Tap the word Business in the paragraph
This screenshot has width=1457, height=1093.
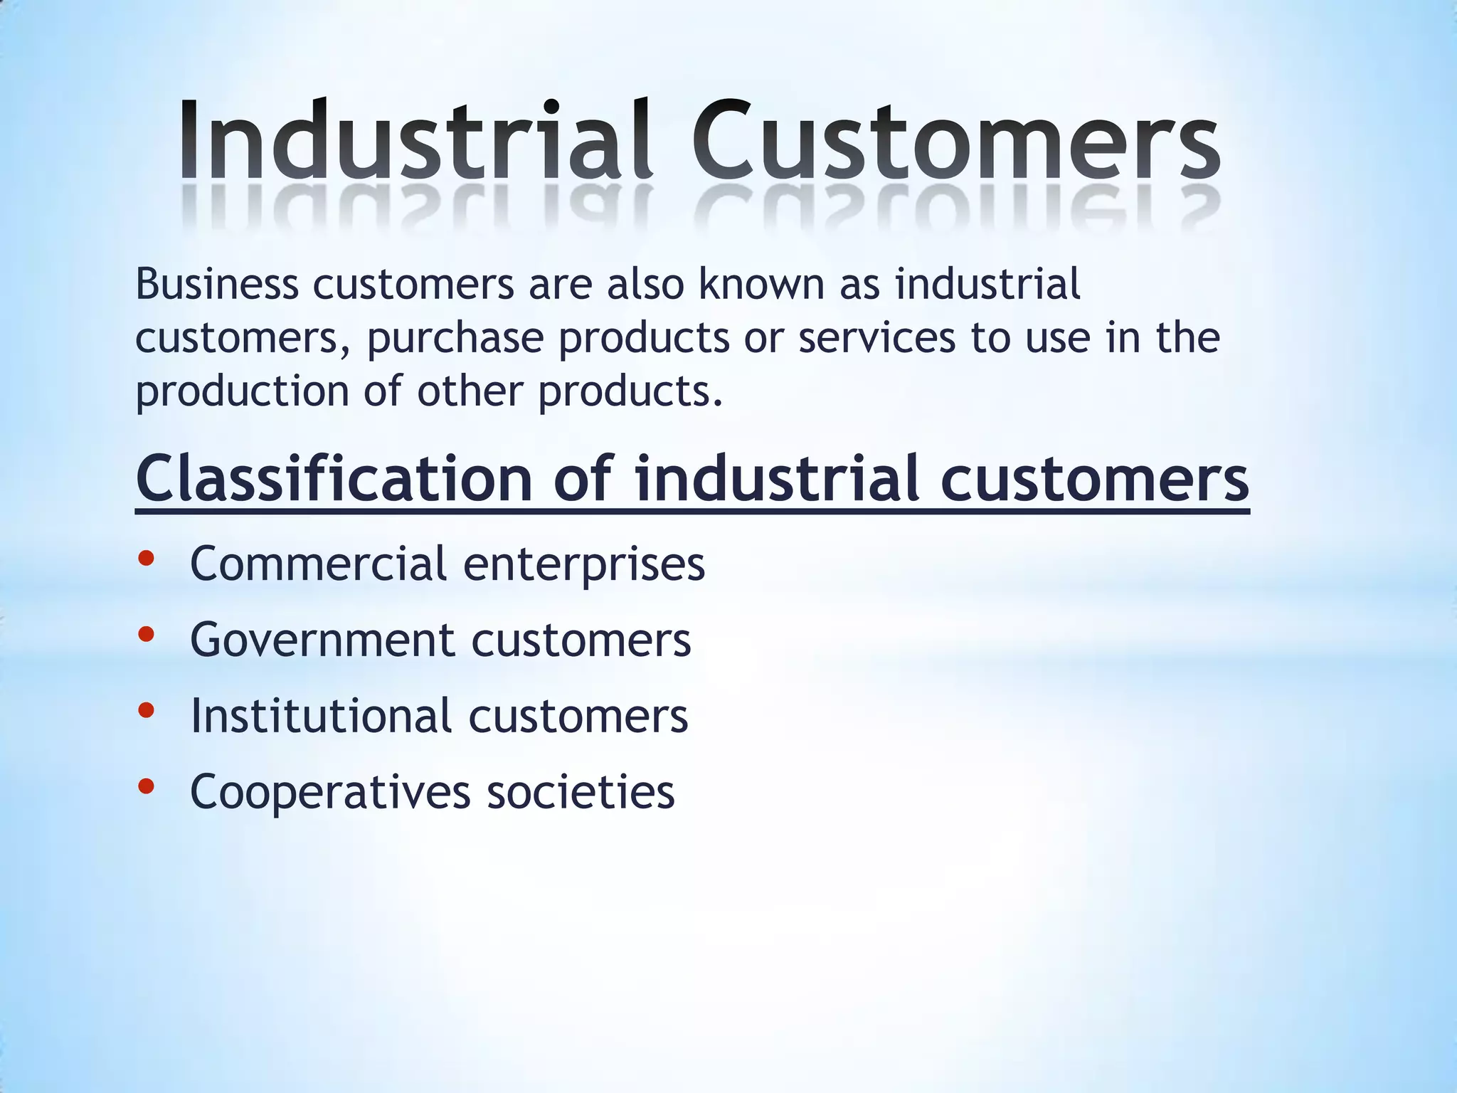click(217, 284)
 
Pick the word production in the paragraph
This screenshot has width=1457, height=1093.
click(242, 391)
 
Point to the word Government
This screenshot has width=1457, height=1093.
click(322, 640)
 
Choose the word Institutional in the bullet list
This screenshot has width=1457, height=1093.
click(321, 715)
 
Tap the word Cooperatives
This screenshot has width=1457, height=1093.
click(330, 792)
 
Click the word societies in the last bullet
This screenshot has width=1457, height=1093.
click(581, 792)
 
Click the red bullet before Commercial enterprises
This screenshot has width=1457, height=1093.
click(146, 559)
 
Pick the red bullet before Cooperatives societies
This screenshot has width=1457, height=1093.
click(146, 786)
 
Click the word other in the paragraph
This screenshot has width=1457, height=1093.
click(470, 391)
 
